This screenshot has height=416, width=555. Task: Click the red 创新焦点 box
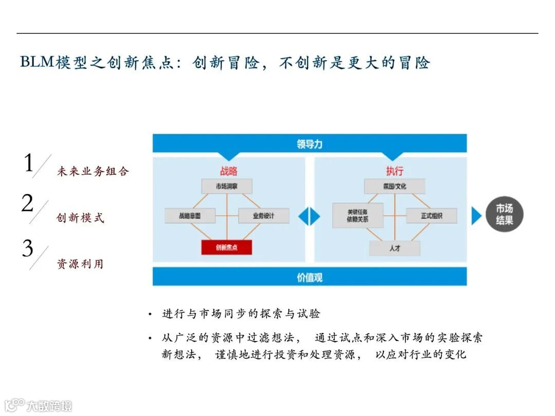[x=227, y=248]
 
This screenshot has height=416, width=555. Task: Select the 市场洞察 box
[x=227, y=186]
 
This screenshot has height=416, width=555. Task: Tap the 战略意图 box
[x=190, y=216]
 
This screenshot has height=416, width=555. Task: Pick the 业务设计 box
[x=264, y=216]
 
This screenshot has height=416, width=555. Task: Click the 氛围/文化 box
[x=395, y=186]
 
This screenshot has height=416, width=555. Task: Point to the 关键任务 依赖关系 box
[x=358, y=216]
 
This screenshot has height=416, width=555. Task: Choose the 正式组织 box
[x=432, y=216]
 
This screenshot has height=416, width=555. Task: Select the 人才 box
[x=395, y=248]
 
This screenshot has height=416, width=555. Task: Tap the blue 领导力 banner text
[x=309, y=144]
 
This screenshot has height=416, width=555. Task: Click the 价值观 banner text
[x=309, y=277]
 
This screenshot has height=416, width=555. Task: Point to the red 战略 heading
[x=229, y=171]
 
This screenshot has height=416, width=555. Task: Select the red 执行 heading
[x=395, y=171]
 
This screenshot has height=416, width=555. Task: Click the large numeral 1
[x=29, y=163]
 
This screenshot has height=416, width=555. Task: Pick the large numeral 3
[x=28, y=249]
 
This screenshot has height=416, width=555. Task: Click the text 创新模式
[x=80, y=218]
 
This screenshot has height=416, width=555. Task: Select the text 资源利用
[x=80, y=264]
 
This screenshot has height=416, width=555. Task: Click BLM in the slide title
[x=36, y=63]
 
